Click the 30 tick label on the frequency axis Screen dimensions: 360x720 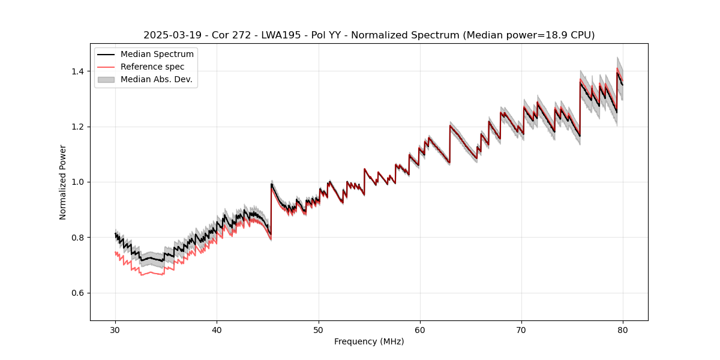click(115, 330)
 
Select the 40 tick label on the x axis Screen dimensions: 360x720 click(217, 330)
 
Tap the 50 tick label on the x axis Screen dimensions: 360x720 click(318, 330)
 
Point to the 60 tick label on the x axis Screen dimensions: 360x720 click(419, 330)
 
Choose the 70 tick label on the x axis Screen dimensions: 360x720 click(521, 330)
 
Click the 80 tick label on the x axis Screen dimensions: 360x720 click(622, 330)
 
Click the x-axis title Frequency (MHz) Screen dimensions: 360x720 click(369, 341)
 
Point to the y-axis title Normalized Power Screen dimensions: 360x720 click(63, 182)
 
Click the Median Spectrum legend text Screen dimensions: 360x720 click(157, 55)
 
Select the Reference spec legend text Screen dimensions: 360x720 click(152, 67)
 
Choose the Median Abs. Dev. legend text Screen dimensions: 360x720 click(157, 79)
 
